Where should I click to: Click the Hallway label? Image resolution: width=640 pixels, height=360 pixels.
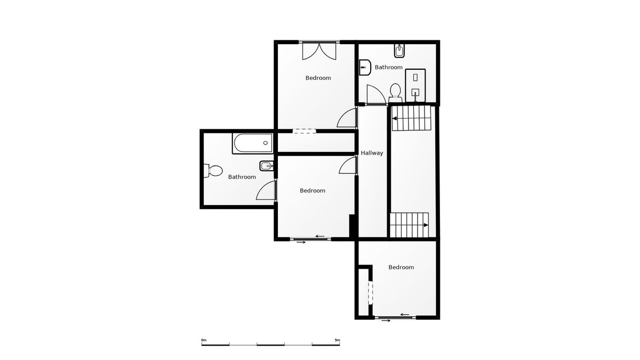tap(372, 153)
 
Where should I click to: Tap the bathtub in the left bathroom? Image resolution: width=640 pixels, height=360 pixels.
tap(252, 143)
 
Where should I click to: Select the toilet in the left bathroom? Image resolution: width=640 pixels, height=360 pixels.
tap(212, 171)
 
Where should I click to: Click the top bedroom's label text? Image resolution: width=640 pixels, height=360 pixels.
tap(318, 78)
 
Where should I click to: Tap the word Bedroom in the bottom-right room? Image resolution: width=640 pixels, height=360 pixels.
tap(401, 267)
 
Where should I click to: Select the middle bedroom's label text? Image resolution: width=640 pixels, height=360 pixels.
tap(313, 190)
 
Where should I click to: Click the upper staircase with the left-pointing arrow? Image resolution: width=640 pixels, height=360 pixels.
tap(411, 118)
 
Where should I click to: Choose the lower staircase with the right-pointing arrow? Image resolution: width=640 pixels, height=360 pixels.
tap(409, 225)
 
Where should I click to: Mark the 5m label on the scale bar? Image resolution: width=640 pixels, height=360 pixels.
tap(337, 340)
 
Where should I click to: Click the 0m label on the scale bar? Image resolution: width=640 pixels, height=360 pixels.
tap(204, 340)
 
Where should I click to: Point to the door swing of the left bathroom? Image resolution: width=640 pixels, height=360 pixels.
tap(266, 190)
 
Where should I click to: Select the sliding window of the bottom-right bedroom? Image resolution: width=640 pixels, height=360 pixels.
tap(395, 317)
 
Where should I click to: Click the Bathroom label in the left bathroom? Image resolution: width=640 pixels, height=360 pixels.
tap(242, 177)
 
